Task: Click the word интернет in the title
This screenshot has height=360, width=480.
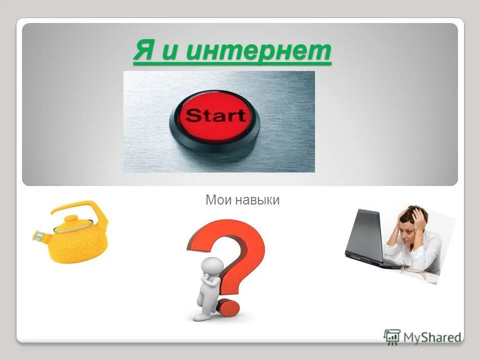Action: tap(258, 51)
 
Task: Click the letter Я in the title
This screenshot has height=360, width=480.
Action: tap(143, 51)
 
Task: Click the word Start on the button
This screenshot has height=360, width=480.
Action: tap(215, 116)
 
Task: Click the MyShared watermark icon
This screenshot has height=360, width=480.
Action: tap(392, 336)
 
